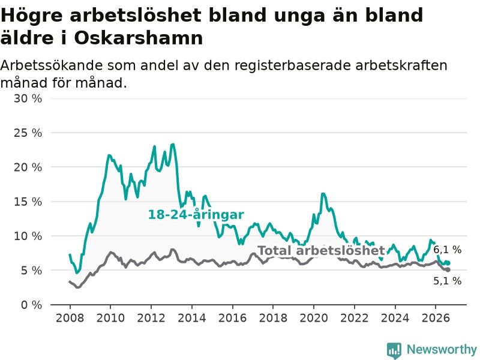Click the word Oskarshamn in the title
click(139, 38)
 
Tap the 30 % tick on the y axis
click(28, 98)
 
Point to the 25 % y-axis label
click(28, 133)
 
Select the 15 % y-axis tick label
click(28, 202)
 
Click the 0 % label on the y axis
click(32, 305)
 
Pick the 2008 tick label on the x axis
click(70, 318)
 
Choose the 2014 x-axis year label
click(192, 318)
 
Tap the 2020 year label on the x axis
click(314, 318)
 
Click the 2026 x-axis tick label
click(436, 318)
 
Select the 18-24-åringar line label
click(196, 214)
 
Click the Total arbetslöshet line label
click(321, 250)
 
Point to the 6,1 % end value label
click(447, 250)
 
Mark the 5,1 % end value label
click(447, 281)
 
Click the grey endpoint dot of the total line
click(448, 269)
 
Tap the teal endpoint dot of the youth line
click(448, 263)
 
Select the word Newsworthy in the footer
click(442, 349)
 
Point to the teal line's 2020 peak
click(323, 194)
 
